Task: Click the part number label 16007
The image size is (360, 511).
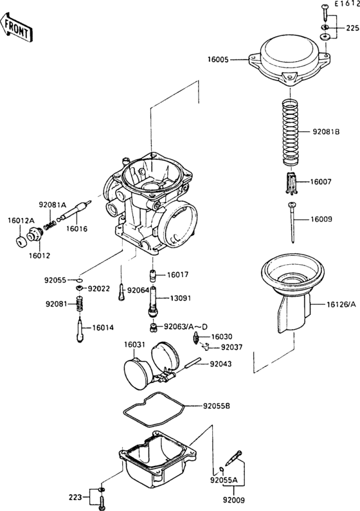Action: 322,183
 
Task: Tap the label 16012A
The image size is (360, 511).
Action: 21,220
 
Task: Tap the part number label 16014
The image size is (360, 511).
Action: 104,327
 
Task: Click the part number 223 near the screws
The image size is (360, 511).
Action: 77,496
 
